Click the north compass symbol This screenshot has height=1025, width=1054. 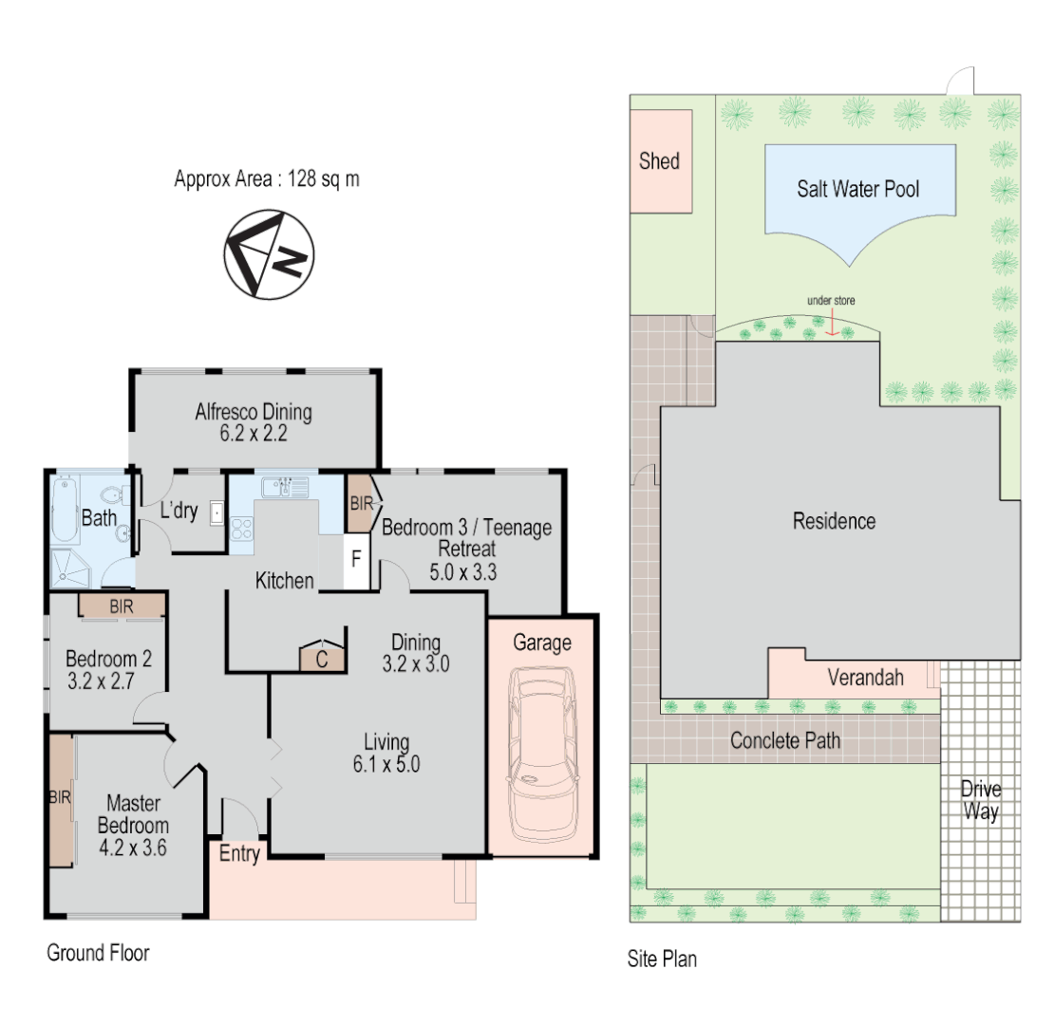269,255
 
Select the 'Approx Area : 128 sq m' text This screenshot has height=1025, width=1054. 267,178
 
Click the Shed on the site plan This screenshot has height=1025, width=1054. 660,160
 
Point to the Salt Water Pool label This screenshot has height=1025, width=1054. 857,189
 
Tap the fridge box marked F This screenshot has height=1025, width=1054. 356,558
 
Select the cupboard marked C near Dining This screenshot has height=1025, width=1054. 321,659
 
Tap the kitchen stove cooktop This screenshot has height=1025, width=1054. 241,526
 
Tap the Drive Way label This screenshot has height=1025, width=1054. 980,801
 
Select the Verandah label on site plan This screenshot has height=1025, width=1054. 864,678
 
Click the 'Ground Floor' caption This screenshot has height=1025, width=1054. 98,953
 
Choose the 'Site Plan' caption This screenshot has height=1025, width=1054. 662,959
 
